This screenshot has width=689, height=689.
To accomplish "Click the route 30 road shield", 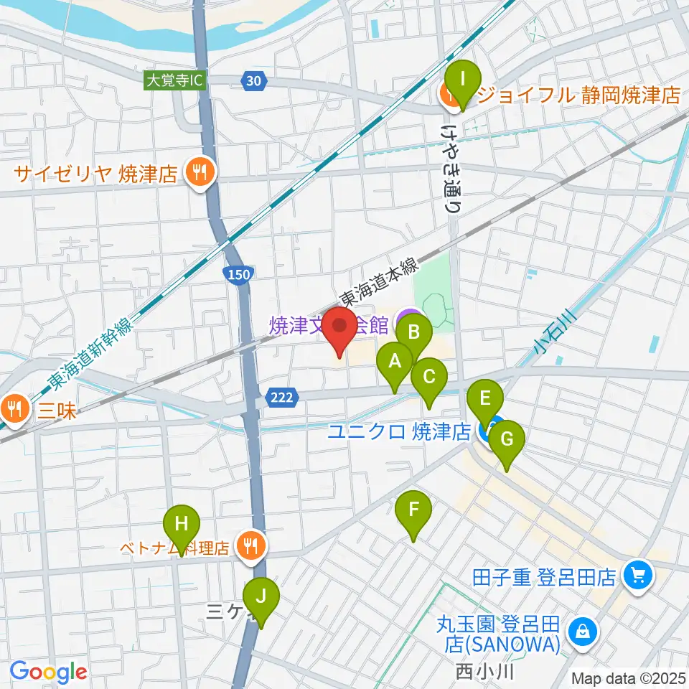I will coord(252,81).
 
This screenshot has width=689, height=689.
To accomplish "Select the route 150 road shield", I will coord(239,273).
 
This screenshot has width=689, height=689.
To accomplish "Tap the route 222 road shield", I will coord(281,397).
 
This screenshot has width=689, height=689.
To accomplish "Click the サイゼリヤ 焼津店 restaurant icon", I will coord(196,172).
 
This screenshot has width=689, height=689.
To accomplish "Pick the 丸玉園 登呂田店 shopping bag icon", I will coord(578,631).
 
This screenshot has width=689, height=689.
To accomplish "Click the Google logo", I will coord(48,672).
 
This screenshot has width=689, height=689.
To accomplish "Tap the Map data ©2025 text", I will coord(628,678).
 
